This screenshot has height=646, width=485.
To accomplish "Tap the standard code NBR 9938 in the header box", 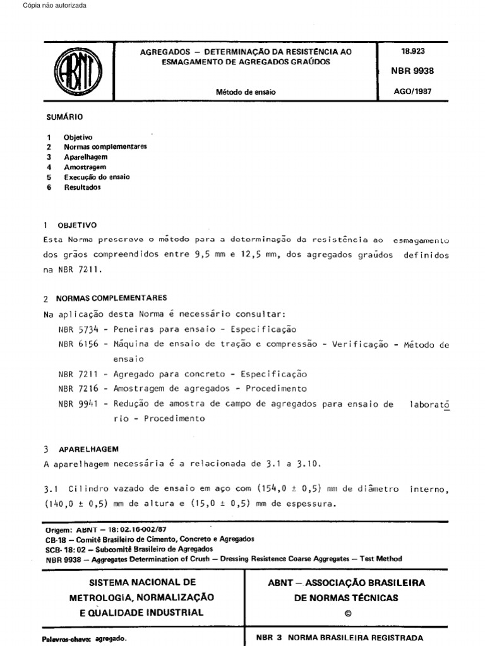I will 414,71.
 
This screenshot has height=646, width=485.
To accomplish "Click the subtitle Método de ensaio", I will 246,92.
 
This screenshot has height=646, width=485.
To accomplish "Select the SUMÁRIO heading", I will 64,117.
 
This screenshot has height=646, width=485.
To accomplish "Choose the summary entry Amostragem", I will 85,167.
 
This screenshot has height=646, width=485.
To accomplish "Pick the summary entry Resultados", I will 82,187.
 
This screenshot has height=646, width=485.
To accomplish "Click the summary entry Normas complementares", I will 105,146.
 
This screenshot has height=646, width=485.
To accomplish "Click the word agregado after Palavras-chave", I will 111,638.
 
